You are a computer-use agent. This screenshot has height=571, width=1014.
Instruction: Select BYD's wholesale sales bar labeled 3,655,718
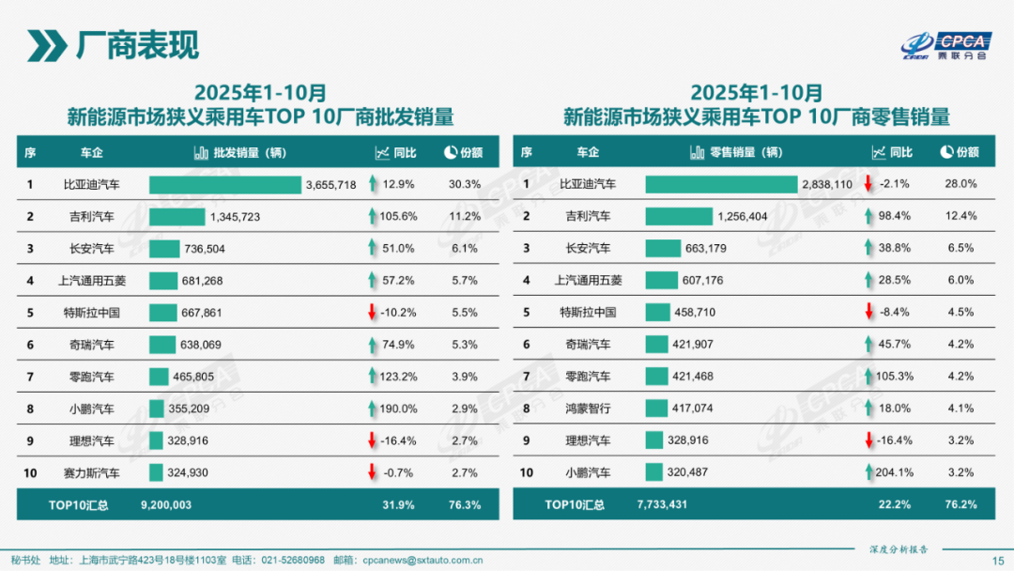(x=224, y=185)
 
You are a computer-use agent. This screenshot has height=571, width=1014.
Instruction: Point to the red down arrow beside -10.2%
(x=373, y=313)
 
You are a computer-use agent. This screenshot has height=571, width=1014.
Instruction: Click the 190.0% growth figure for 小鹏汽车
(x=398, y=409)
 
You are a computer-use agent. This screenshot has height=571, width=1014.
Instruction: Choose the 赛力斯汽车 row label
(x=91, y=472)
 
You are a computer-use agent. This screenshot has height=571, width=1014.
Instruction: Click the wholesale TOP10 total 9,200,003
(x=166, y=505)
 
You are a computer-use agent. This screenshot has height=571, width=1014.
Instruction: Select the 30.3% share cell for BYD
(x=465, y=185)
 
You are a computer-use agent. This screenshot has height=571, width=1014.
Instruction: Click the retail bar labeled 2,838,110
(x=720, y=185)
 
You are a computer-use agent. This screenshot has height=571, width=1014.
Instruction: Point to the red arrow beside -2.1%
(x=868, y=185)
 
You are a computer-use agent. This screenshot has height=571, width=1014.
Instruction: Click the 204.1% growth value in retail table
(x=894, y=472)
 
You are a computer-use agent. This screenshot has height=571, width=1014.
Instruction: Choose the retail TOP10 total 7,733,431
(x=662, y=505)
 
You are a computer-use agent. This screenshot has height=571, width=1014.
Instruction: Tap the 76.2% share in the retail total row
(x=960, y=505)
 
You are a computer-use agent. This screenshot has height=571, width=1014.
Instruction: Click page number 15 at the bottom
(x=998, y=560)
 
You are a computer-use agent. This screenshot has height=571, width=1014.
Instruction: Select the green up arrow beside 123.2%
(x=373, y=377)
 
